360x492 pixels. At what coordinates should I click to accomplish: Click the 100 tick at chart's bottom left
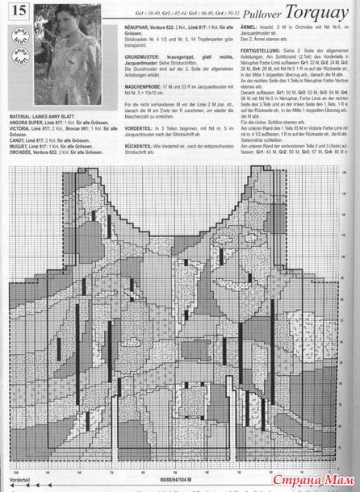coord(15,471)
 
